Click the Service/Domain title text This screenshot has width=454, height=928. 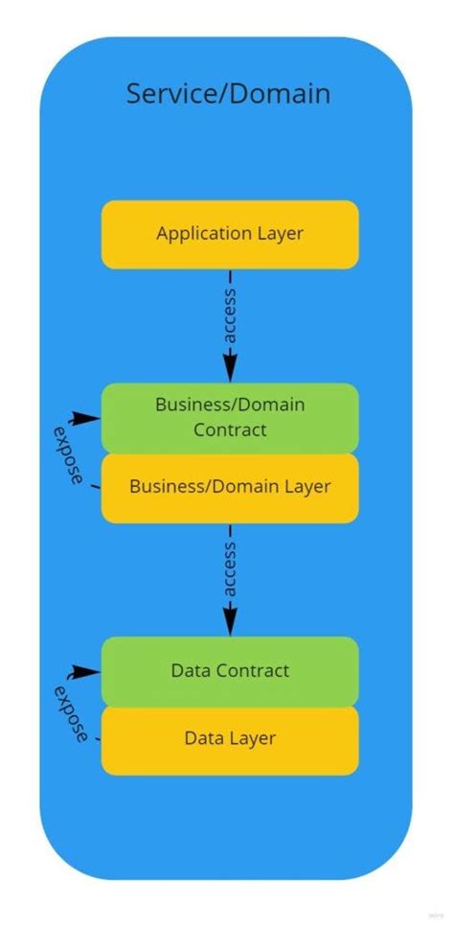pyautogui.click(x=228, y=94)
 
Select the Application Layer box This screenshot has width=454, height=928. pyautogui.click(x=230, y=234)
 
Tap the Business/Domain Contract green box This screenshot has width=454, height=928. pyautogui.click(x=230, y=417)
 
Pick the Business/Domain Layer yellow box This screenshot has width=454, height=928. pyautogui.click(x=230, y=487)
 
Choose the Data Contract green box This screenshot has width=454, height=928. pyautogui.click(x=230, y=671)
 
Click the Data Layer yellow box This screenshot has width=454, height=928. pyautogui.click(x=230, y=739)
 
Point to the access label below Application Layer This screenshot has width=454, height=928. pyautogui.click(x=230, y=314)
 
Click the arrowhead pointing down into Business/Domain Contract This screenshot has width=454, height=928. pyautogui.click(x=230, y=370)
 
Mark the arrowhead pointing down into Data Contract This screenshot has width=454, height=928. pyautogui.click(x=230, y=624)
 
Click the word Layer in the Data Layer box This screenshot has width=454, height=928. pyautogui.click(x=254, y=739)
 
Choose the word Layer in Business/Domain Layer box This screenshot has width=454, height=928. pyautogui.click(x=307, y=487)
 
